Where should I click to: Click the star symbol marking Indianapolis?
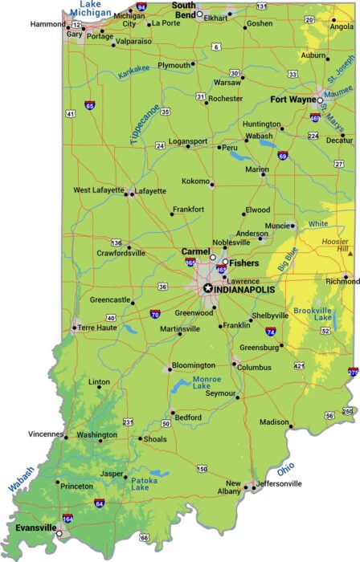point(208,287)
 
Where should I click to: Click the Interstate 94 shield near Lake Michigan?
point(141,7)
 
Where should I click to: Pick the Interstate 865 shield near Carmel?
point(190,262)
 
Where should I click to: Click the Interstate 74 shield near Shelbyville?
point(271,331)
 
